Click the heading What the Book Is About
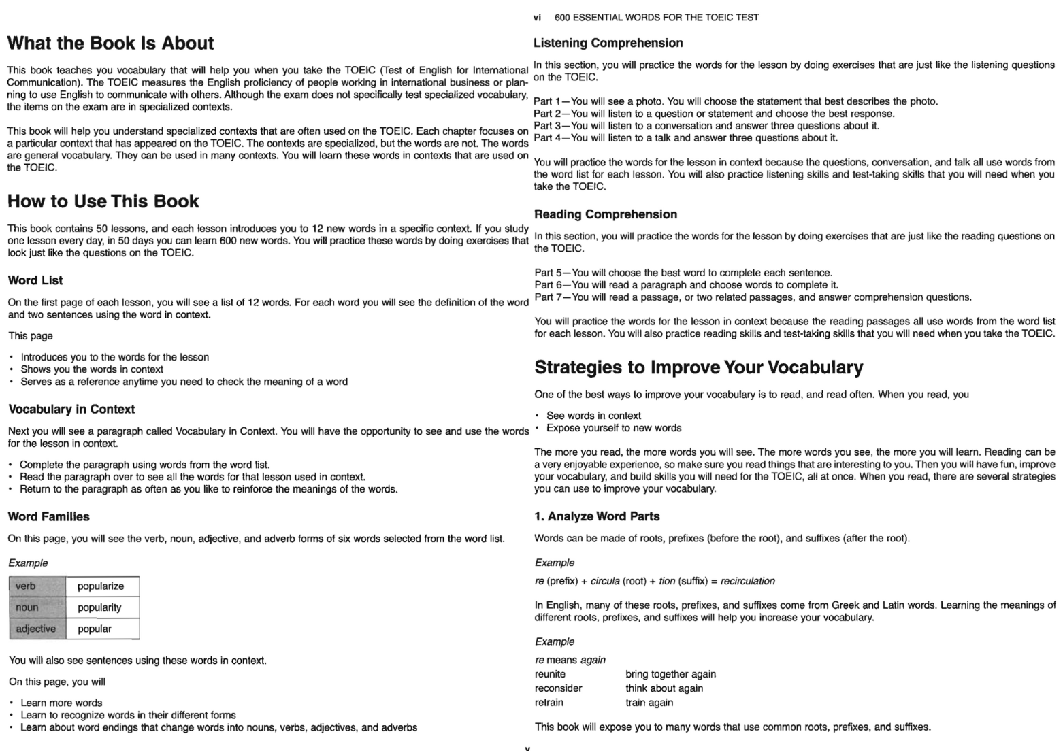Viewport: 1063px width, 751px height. (x=110, y=44)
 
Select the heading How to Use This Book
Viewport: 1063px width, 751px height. (x=103, y=201)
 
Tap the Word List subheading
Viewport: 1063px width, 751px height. (x=35, y=280)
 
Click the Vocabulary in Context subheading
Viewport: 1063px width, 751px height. (x=71, y=410)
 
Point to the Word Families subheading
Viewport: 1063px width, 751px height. (x=49, y=517)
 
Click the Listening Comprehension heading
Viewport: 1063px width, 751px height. (x=608, y=44)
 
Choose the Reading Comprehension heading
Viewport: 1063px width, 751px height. (x=606, y=215)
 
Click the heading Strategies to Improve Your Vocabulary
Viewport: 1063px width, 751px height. (x=699, y=367)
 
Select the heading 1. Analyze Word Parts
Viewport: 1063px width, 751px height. (x=597, y=517)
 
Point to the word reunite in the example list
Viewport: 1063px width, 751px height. (x=550, y=674)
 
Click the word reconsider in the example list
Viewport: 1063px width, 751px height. (x=558, y=688)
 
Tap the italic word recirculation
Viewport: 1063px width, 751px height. (x=747, y=581)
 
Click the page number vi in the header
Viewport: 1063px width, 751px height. (x=538, y=18)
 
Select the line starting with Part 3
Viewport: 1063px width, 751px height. (x=706, y=126)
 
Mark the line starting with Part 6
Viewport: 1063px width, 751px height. (x=686, y=285)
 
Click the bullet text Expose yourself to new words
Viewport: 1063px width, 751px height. (x=614, y=428)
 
